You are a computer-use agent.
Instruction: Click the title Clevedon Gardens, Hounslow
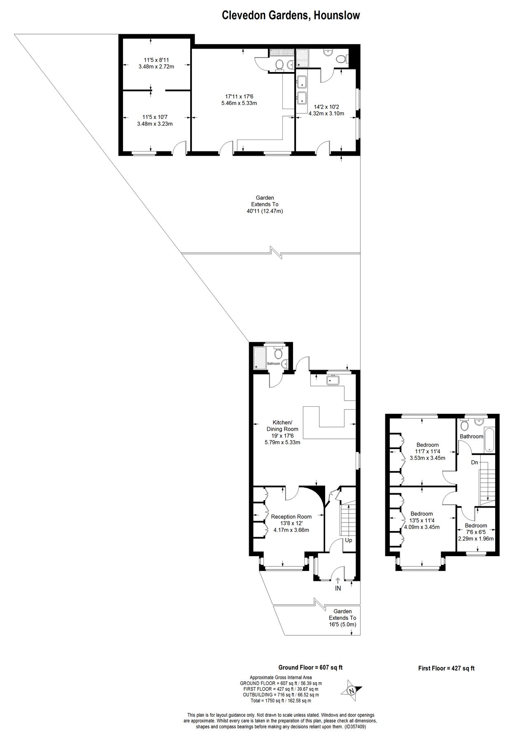click(291, 16)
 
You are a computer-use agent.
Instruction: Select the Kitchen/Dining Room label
click(282, 426)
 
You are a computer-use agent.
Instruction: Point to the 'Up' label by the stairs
click(348, 540)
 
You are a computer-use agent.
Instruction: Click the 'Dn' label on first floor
click(475, 462)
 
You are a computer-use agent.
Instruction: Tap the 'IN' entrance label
click(338, 589)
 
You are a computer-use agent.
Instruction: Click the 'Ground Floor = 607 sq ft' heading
click(310, 668)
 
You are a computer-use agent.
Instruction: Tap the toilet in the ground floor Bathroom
click(278, 354)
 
